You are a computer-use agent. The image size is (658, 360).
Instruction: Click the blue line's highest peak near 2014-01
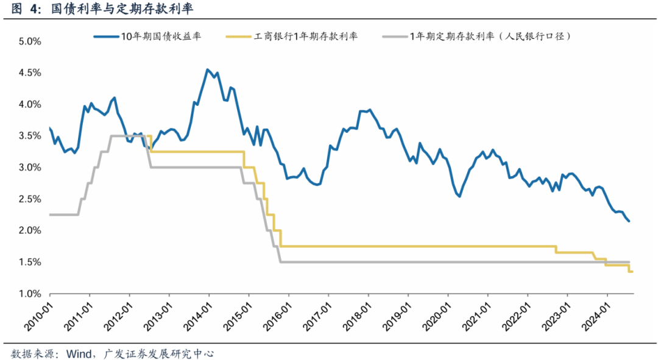208,69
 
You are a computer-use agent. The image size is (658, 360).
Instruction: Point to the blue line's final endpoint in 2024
629,221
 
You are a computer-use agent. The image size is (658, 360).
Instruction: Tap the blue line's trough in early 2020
459,196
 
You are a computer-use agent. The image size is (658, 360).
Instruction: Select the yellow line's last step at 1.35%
631,272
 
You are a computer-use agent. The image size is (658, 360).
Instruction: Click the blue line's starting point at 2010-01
49,128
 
